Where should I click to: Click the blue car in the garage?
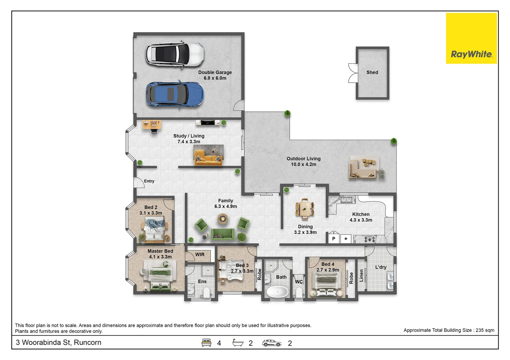coord(175,94)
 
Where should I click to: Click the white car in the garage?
coord(175,54)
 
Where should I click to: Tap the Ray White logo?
coord(471,38)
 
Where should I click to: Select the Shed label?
coord(372,72)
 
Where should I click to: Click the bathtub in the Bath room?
coord(277,292)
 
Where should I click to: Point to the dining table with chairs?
coord(305,209)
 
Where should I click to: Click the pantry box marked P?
coord(334,239)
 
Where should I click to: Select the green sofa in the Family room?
coord(223,234)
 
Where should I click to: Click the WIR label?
coord(200,254)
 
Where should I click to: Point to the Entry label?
coord(149,181)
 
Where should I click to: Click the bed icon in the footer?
coord(206,343)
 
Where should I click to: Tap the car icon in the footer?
coord(272,343)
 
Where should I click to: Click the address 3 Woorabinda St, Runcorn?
coord(58,342)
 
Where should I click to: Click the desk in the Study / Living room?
coord(152,125)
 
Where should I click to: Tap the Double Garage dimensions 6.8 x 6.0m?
coord(215,78)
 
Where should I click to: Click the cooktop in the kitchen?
coord(370,239)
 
